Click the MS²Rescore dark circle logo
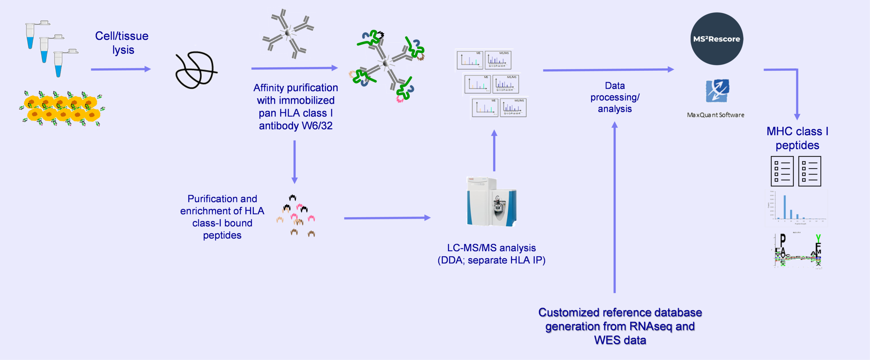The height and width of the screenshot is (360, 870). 716,39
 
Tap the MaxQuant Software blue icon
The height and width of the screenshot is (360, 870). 717,91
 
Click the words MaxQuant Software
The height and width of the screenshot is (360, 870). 715,115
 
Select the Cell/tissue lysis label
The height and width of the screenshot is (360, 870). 122,43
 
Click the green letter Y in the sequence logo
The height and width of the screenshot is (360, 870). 818,238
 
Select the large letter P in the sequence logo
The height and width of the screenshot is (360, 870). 783,240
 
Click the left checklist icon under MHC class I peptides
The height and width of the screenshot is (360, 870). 782,171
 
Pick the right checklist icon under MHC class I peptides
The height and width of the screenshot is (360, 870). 810,171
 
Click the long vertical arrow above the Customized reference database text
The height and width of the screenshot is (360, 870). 614,207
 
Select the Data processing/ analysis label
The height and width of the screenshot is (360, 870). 615,97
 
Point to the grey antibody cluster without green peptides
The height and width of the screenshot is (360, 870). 288,33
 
